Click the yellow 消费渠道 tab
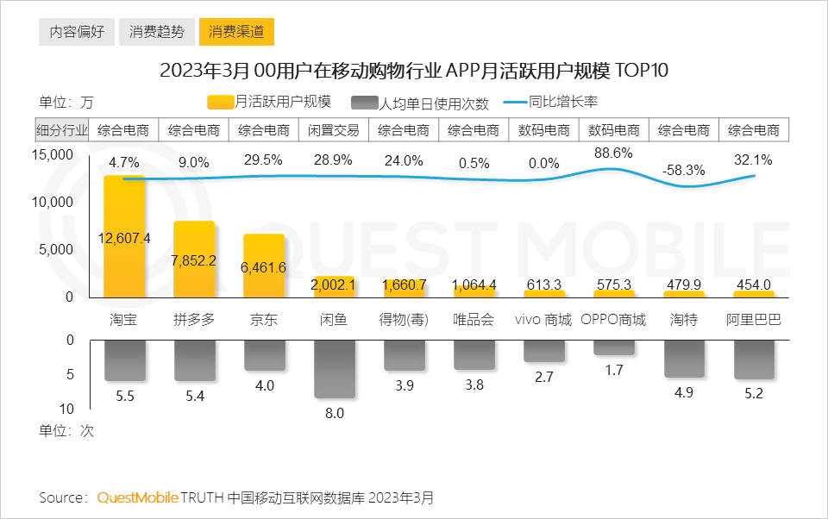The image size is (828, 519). (x=236, y=33)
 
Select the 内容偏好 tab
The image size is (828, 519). (x=77, y=33)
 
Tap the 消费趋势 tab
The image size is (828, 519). (x=156, y=33)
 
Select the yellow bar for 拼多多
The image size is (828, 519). (x=194, y=267)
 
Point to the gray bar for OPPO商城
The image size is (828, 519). (x=613, y=347)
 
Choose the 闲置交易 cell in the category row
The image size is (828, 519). (x=334, y=130)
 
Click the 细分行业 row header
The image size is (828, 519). (x=61, y=130)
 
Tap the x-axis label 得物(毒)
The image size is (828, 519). (x=404, y=320)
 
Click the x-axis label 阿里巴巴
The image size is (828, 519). (x=753, y=320)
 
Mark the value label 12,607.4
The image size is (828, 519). (x=125, y=239)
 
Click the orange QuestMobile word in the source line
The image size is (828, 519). (x=137, y=498)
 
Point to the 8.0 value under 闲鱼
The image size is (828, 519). (x=334, y=413)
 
